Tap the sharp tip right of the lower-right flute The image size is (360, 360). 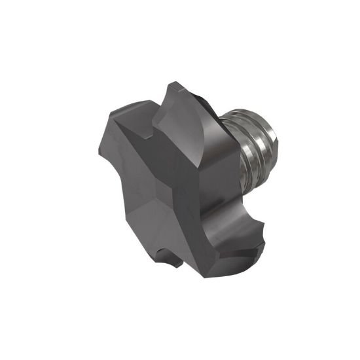click(x=268, y=240)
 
